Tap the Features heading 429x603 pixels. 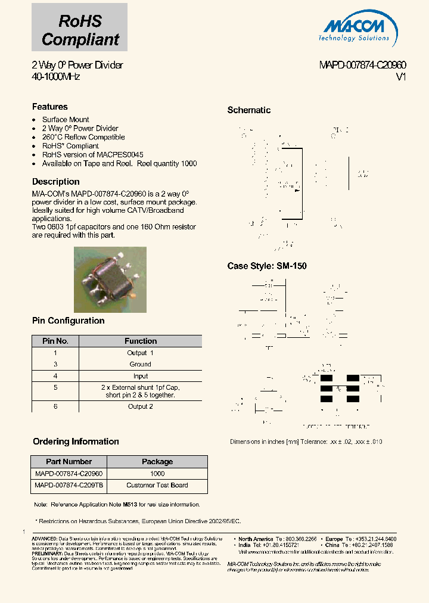(50, 107)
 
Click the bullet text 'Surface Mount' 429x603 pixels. (66, 120)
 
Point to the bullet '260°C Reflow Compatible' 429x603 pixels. (83, 137)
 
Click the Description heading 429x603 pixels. (55, 182)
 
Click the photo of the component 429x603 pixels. (110, 279)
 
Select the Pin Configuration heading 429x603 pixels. (68, 321)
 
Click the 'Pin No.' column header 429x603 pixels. (55, 341)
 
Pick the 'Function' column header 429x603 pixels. (141, 341)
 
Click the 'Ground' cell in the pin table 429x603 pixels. (141, 364)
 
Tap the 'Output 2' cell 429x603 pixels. (141, 406)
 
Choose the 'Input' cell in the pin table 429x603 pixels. (141, 376)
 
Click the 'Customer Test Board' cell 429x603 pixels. (157, 485)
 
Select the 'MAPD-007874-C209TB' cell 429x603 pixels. (69, 485)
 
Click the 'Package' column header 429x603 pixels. (157, 462)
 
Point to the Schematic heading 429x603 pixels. (249, 110)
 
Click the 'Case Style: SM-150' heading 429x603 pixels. (267, 266)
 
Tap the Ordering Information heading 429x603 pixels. (76, 442)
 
